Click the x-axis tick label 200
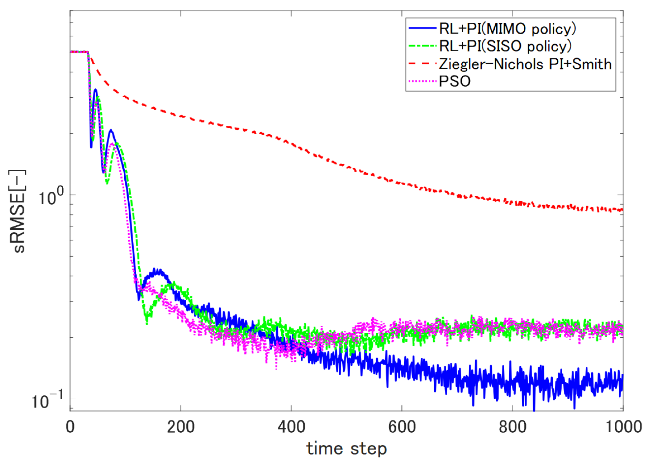coord(180,427)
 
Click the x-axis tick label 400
coord(291,427)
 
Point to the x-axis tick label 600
coord(402,427)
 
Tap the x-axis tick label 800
coord(512,427)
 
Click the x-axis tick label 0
coord(70,427)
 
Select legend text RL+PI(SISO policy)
coord(505,46)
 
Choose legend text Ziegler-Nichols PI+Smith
coord(525,64)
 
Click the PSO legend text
coord(454,81)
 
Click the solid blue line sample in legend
coord(422,28)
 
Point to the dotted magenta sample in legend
coord(422,81)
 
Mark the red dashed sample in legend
coord(422,64)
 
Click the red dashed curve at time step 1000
coord(622,210)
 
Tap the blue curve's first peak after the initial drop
coord(96,89)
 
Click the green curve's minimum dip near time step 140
coord(147,323)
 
